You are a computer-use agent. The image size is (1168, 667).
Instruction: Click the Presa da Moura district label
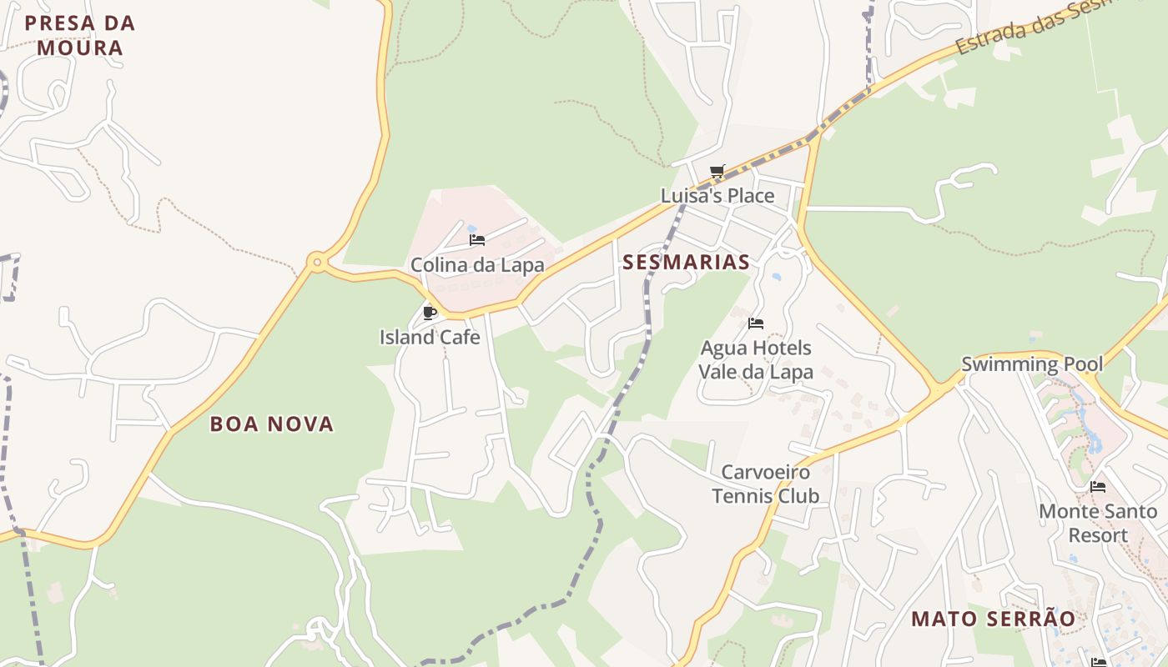coord(80,35)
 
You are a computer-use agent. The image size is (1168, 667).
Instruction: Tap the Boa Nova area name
coord(272,424)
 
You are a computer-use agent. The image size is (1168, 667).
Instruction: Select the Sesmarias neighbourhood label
coord(686,262)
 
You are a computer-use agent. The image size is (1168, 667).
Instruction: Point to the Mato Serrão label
coord(993,619)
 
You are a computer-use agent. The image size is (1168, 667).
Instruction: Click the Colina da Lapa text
coord(477,265)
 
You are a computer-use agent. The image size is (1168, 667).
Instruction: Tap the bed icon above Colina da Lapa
coord(477,240)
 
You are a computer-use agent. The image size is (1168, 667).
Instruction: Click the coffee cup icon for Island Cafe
coord(430,313)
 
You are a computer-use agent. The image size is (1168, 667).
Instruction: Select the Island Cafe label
coord(430,338)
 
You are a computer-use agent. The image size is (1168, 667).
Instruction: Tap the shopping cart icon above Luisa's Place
coord(717,172)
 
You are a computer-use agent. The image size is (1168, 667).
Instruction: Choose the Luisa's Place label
coord(717,196)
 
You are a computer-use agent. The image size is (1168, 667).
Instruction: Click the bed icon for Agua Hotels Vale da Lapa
coord(756,323)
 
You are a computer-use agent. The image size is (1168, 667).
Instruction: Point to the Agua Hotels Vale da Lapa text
coord(756,359)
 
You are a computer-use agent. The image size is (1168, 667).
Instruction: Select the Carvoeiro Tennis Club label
coord(765,484)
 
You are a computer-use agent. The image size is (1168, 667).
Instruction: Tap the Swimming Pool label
coord(1032,364)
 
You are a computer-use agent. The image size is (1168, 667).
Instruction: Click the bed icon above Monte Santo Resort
coord(1098,487)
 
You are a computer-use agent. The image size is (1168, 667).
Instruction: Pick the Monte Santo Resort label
coord(1098,523)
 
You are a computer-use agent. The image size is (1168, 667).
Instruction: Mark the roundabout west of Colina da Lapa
coord(316,263)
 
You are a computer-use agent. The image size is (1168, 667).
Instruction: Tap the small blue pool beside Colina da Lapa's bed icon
coord(471,228)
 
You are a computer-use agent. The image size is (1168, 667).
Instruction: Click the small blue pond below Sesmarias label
coord(777,277)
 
